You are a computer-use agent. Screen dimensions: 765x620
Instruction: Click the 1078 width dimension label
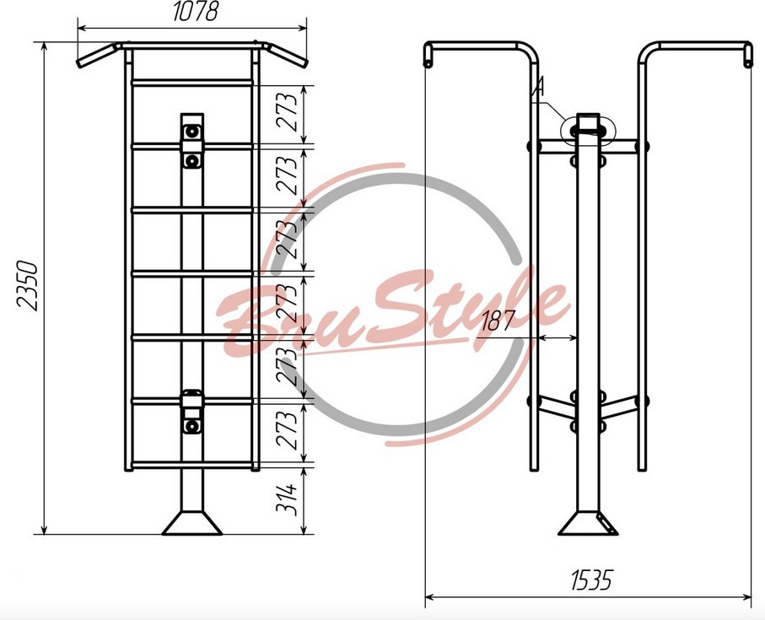click(196, 12)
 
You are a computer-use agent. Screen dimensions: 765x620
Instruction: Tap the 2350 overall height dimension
click(27, 286)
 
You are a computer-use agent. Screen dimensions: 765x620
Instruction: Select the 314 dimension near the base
click(287, 499)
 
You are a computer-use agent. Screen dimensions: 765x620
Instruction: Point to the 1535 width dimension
click(590, 580)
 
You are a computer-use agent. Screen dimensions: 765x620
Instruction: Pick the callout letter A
click(537, 88)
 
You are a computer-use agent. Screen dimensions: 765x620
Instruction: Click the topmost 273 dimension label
click(287, 111)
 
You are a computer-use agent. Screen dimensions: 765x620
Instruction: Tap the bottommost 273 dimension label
click(287, 429)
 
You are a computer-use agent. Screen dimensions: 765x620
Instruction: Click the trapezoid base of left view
click(192, 523)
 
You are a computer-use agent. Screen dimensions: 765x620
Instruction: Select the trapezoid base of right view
click(589, 523)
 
